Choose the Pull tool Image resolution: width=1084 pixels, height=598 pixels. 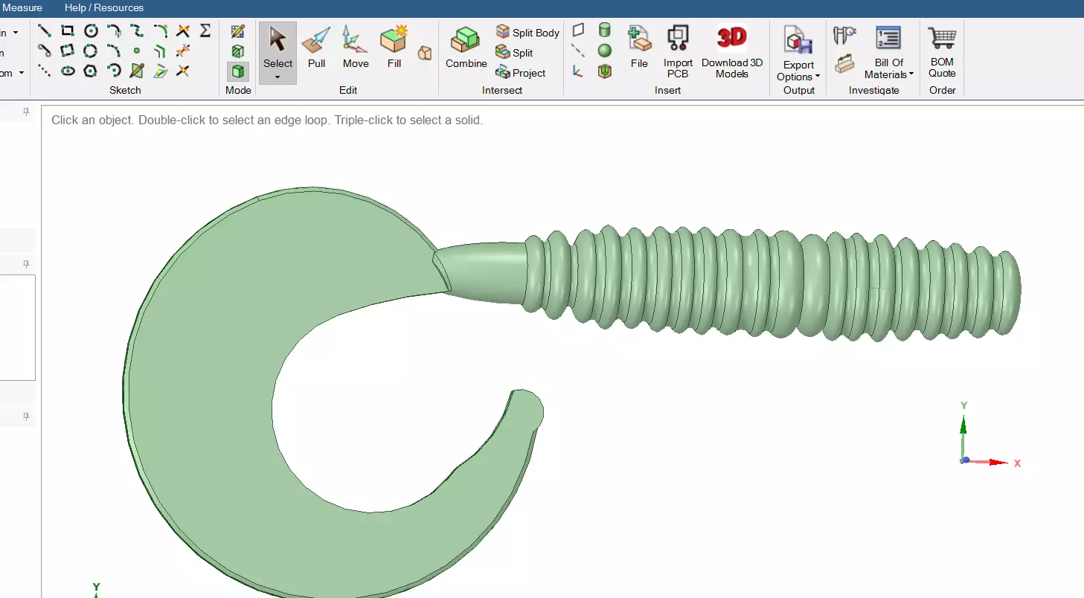pos(316,47)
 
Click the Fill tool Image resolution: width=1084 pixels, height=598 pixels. pos(394,47)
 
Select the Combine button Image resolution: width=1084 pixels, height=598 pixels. pos(466,47)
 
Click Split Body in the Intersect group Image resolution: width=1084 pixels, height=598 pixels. pos(527,33)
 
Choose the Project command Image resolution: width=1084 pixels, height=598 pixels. pos(521,73)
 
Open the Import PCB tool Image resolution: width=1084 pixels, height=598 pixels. pos(678,52)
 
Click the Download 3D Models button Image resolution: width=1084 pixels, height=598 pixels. pos(731,52)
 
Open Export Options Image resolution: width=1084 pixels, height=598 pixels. pos(798,54)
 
